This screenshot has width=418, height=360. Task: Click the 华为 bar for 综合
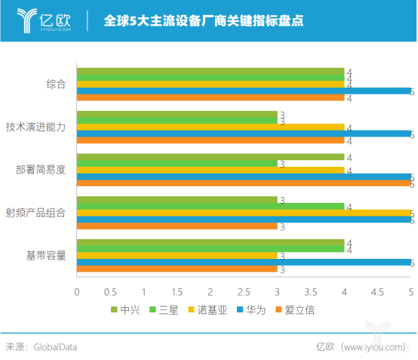click(x=244, y=91)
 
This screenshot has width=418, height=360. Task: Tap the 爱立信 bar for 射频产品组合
click(x=177, y=226)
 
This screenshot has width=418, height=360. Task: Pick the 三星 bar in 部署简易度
click(x=177, y=164)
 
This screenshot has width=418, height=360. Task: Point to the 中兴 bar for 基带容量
click(x=211, y=242)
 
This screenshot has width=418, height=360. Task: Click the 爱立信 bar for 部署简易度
click(x=244, y=183)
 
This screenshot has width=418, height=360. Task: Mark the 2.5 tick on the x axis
click(x=244, y=291)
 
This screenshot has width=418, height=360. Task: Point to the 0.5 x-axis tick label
click(x=110, y=291)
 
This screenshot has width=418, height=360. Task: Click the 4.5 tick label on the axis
click(x=377, y=291)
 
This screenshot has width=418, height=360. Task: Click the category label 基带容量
click(x=46, y=255)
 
